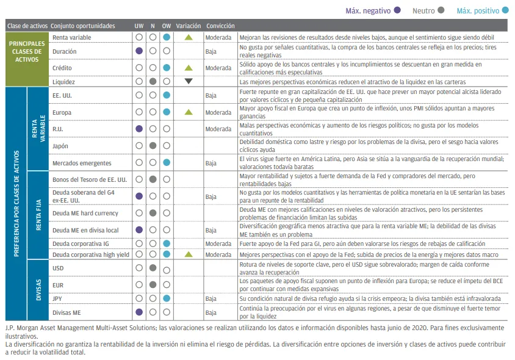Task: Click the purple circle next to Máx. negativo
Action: click(398, 10)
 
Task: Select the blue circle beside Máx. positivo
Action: click(506, 10)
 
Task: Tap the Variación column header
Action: click(188, 26)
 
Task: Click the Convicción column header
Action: click(220, 26)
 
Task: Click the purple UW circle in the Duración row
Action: click(139, 51)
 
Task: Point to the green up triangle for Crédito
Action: click(189, 67)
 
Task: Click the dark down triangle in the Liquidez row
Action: click(189, 81)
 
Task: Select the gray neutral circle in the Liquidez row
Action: click(153, 81)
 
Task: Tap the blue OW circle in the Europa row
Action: click(167, 112)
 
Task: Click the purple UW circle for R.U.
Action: click(139, 129)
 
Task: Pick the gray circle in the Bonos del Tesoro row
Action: click(153, 179)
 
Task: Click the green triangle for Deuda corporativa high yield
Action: click(189, 254)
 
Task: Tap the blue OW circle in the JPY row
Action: click(167, 298)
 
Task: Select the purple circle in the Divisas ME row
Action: click(139, 312)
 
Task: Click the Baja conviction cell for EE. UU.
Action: click(211, 96)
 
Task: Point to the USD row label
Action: click(59, 267)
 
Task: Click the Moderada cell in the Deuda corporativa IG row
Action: click(218, 243)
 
